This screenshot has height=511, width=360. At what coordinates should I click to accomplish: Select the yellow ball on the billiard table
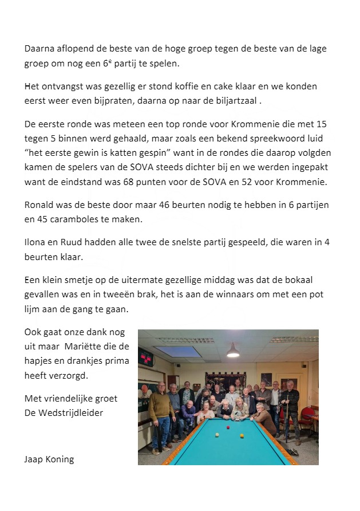(x=242, y=436)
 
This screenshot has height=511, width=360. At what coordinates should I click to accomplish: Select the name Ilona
(x=36, y=242)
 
